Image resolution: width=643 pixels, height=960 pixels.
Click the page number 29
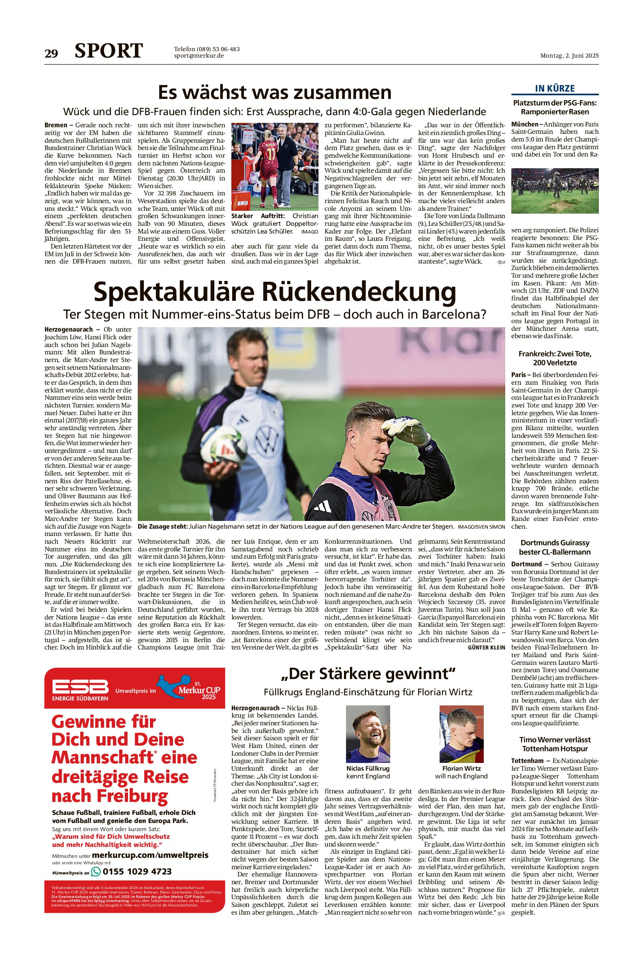[51, 54]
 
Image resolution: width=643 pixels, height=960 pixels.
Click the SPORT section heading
[109, 51]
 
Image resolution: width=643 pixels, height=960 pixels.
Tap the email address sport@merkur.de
[199, 56]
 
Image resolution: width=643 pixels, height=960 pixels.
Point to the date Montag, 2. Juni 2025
[569, 56]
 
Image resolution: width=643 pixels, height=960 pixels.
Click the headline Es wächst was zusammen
[275, 92]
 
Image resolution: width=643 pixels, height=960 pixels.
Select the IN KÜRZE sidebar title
[555, 88]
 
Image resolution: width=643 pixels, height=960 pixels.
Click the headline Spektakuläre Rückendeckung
[275, 292]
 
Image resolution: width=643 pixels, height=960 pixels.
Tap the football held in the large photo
[223, 445]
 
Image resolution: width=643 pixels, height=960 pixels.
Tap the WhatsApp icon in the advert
[96, 871]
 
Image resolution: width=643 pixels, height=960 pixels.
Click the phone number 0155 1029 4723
[137, 871]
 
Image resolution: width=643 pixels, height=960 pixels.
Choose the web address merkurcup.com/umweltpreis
[150, 855]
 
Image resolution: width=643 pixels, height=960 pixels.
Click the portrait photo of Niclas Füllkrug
[368, 734]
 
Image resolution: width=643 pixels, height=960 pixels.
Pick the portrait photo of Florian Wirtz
[461, 734]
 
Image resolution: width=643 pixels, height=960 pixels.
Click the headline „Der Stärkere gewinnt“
[368, 674]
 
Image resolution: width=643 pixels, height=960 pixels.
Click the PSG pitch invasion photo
[555, 191]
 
